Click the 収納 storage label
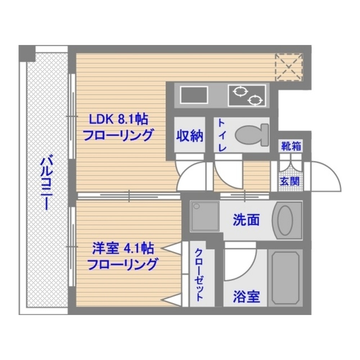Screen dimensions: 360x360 point(190,136)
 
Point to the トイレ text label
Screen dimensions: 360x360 point(222,136)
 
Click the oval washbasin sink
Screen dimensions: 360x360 point(287,220)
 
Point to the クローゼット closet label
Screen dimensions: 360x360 point(199,275)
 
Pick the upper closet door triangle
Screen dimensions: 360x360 point(172,248)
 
